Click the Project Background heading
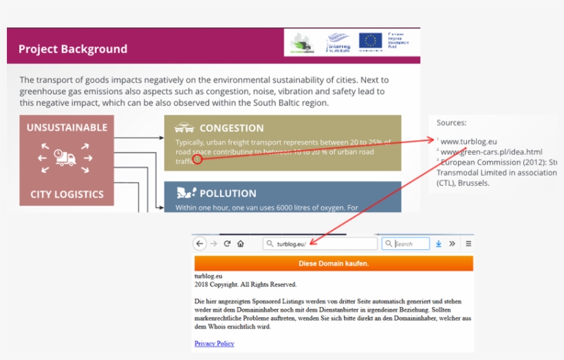tap(72, 49)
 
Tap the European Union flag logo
tap(370, 41)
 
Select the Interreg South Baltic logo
tap(338, 41)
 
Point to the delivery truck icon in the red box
tap(65, 158)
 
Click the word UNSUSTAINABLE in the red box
tap(67, 127)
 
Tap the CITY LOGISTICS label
tap(67, 194)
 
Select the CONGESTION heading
tap(231, 128)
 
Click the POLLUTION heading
tap(228, 193)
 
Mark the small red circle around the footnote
tap(197, 159)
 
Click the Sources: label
tap(451, 123)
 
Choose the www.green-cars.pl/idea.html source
tap(491, 151)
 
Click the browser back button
tap(199, 244)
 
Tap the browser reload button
tap(227, 244)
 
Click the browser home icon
tap(241, 244)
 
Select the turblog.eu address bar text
tap(291, 244)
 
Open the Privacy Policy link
tap(214, 343)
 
